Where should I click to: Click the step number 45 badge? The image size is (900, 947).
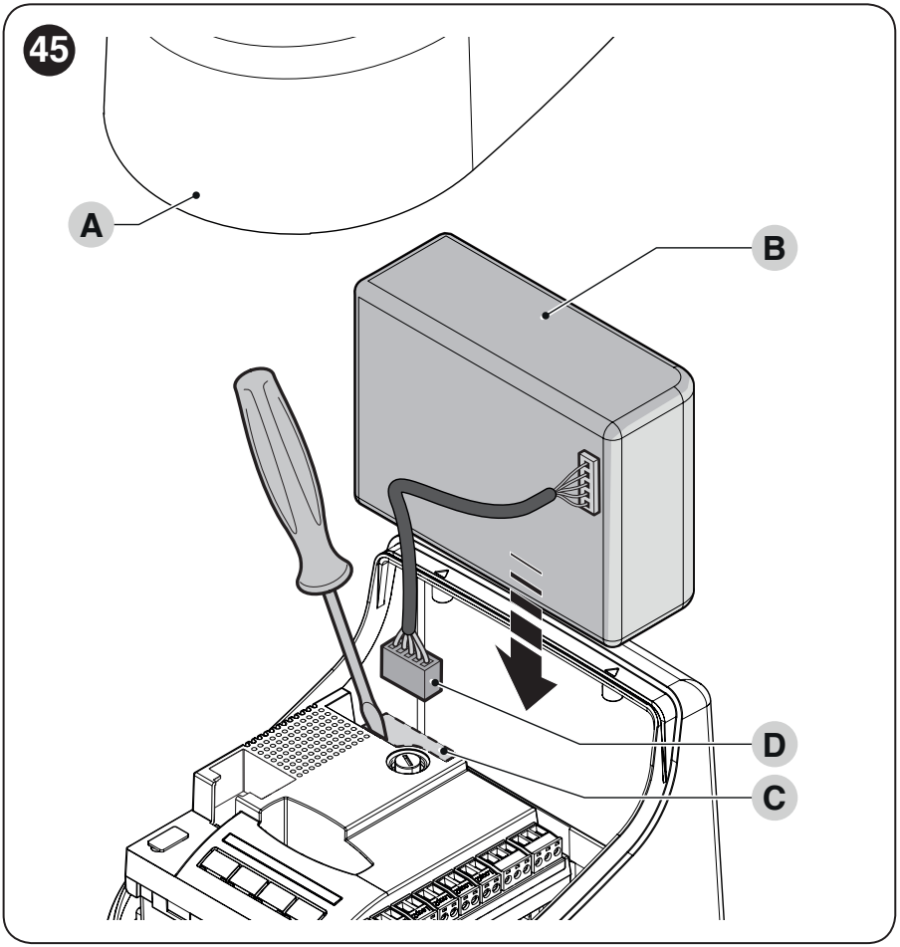50,50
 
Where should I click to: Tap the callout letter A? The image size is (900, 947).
92,225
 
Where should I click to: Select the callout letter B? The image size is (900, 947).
775,248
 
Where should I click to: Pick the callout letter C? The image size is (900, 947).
775,798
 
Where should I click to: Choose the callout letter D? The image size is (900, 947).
775,744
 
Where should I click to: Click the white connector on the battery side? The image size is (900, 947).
589,483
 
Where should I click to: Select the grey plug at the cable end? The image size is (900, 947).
411,670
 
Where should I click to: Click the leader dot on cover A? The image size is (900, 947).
196,195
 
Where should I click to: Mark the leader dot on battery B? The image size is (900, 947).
545,316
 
